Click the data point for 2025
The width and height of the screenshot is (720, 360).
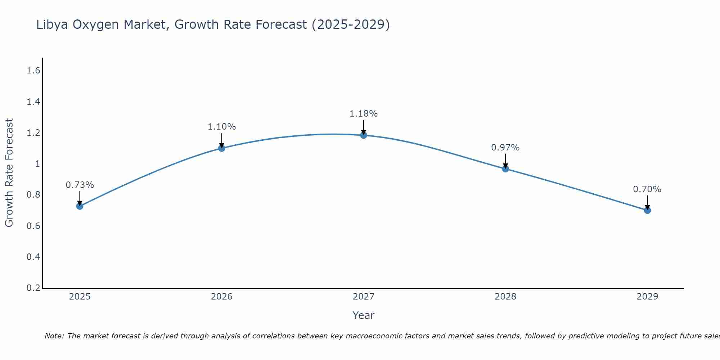point(80,206)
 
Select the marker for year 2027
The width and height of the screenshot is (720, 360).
point(364,135)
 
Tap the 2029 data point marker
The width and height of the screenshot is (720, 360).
point(647,210)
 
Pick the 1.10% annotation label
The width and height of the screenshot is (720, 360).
point(221,127)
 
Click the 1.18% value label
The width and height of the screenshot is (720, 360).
point(364,114)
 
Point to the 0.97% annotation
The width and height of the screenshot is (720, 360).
point(505,148)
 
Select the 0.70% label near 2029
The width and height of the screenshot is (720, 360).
point(647,189)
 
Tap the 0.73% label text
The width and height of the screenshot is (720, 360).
point(80,185)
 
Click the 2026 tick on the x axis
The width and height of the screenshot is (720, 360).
point(221,297)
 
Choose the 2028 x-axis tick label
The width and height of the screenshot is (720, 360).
point(505,297)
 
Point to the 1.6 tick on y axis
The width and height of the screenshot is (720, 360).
point(33,71)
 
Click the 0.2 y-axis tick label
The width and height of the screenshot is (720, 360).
point(33,288)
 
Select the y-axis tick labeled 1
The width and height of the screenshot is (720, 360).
point(37,164)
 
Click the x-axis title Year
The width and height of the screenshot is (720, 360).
point(363,315)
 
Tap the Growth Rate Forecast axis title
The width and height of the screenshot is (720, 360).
point(9,172)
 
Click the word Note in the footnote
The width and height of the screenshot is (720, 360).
point(54,336)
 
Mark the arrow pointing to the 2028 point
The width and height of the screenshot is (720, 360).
point(505,162)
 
